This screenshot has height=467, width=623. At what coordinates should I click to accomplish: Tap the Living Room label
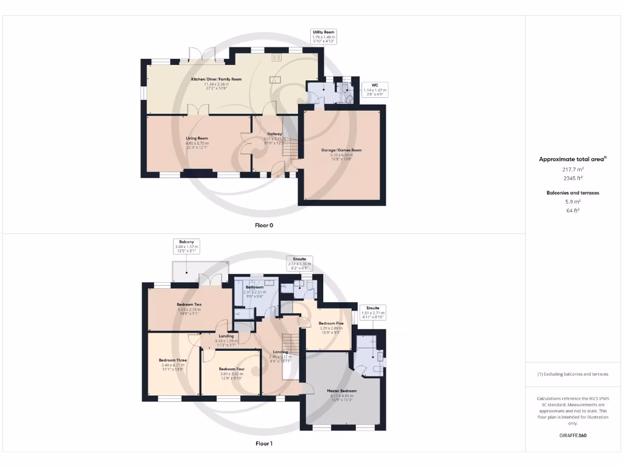click(x=197, y=139)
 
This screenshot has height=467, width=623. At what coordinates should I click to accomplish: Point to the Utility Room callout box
click(x=323, y=36)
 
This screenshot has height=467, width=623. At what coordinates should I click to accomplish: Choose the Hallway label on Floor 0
click(x=274, y=134)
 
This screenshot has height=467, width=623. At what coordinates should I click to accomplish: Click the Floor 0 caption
click(x=264, y=225)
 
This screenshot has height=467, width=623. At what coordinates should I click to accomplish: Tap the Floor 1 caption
click(x=264, y=444)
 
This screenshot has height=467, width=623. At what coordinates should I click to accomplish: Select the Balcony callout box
click(x=187, y=246)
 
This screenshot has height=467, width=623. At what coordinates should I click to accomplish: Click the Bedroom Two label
click(x=189, y=305)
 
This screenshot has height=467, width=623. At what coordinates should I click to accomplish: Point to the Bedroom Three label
click(x=173, y=361)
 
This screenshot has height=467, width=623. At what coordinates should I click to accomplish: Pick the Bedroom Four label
click(x=231, y=369)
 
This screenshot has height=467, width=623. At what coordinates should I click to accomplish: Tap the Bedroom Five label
click(x=330, y=323)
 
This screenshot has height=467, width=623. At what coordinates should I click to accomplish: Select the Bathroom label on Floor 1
click(x=254, y=287)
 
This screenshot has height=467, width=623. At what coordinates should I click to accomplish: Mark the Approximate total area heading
click(x=572, y=159)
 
